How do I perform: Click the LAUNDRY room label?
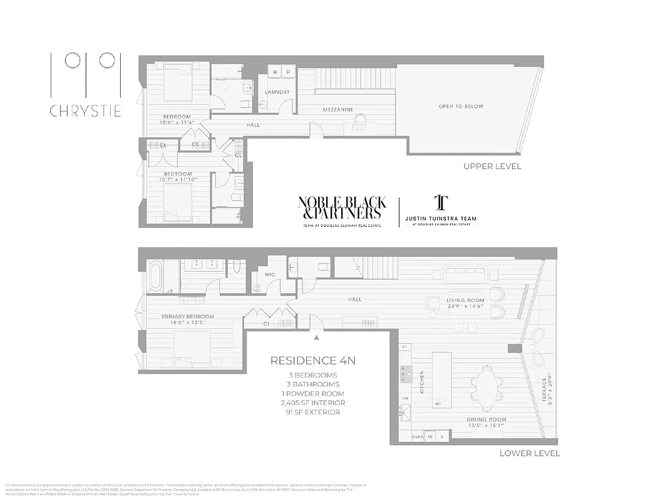[x=277, y=92]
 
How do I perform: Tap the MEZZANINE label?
[x=338, y=110]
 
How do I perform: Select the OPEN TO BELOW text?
[x=461, y=106]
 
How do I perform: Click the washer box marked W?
[x=274, y=73]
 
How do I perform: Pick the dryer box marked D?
[x=288, y=73]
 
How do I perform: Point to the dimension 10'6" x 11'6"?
[x=177, y=123]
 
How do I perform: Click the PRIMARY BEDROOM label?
[x=187, y=316]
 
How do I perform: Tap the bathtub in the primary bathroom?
[x=155, y=277]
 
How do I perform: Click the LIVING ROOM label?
[x=465, y=301]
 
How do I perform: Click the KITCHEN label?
[x=422, y=381]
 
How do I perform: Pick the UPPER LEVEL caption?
[x=491, y=167]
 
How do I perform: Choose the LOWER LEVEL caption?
[x=530, y=453]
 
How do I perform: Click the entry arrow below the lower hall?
[x=317, y=337]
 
